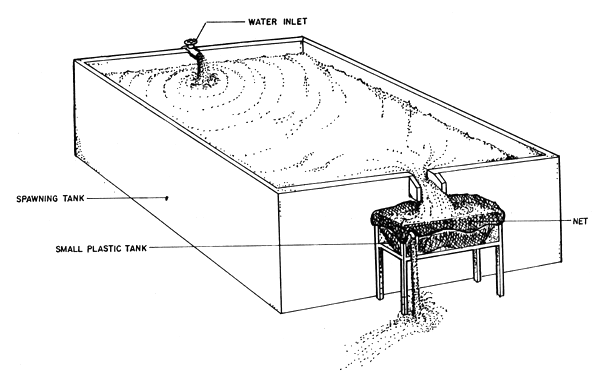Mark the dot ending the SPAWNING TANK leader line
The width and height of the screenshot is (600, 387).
click(x=166, y=199)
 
